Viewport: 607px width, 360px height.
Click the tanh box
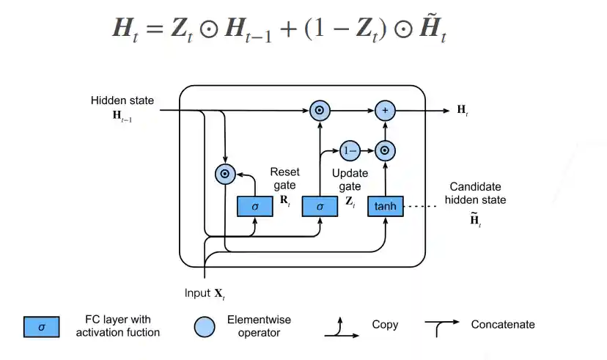click(x=385, y=206)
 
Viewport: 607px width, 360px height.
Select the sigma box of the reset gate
click(x=254, y=206)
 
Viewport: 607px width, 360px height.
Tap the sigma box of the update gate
click(x=320, y=206)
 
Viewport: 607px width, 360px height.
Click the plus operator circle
click(x=385, y=111)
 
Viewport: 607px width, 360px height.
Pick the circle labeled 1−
click(x=349, y=150)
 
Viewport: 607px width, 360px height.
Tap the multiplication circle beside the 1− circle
click(x=385, y=150)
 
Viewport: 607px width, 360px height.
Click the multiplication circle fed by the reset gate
click(x=225, y=174)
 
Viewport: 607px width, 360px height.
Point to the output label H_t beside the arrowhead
click(x=463, y=111)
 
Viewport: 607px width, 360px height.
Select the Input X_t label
click(x=205, y=293)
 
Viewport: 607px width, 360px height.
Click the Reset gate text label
click(x=284, y=178)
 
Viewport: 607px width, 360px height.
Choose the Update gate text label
click(x=350, y=180)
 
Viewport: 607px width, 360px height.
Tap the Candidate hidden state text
click(x=477, y=193)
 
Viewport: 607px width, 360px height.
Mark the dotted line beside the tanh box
click(x=422, y=206)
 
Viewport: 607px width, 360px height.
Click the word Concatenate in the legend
click(x=503, y=324)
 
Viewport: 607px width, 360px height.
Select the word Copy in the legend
click(x=385, y=324)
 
